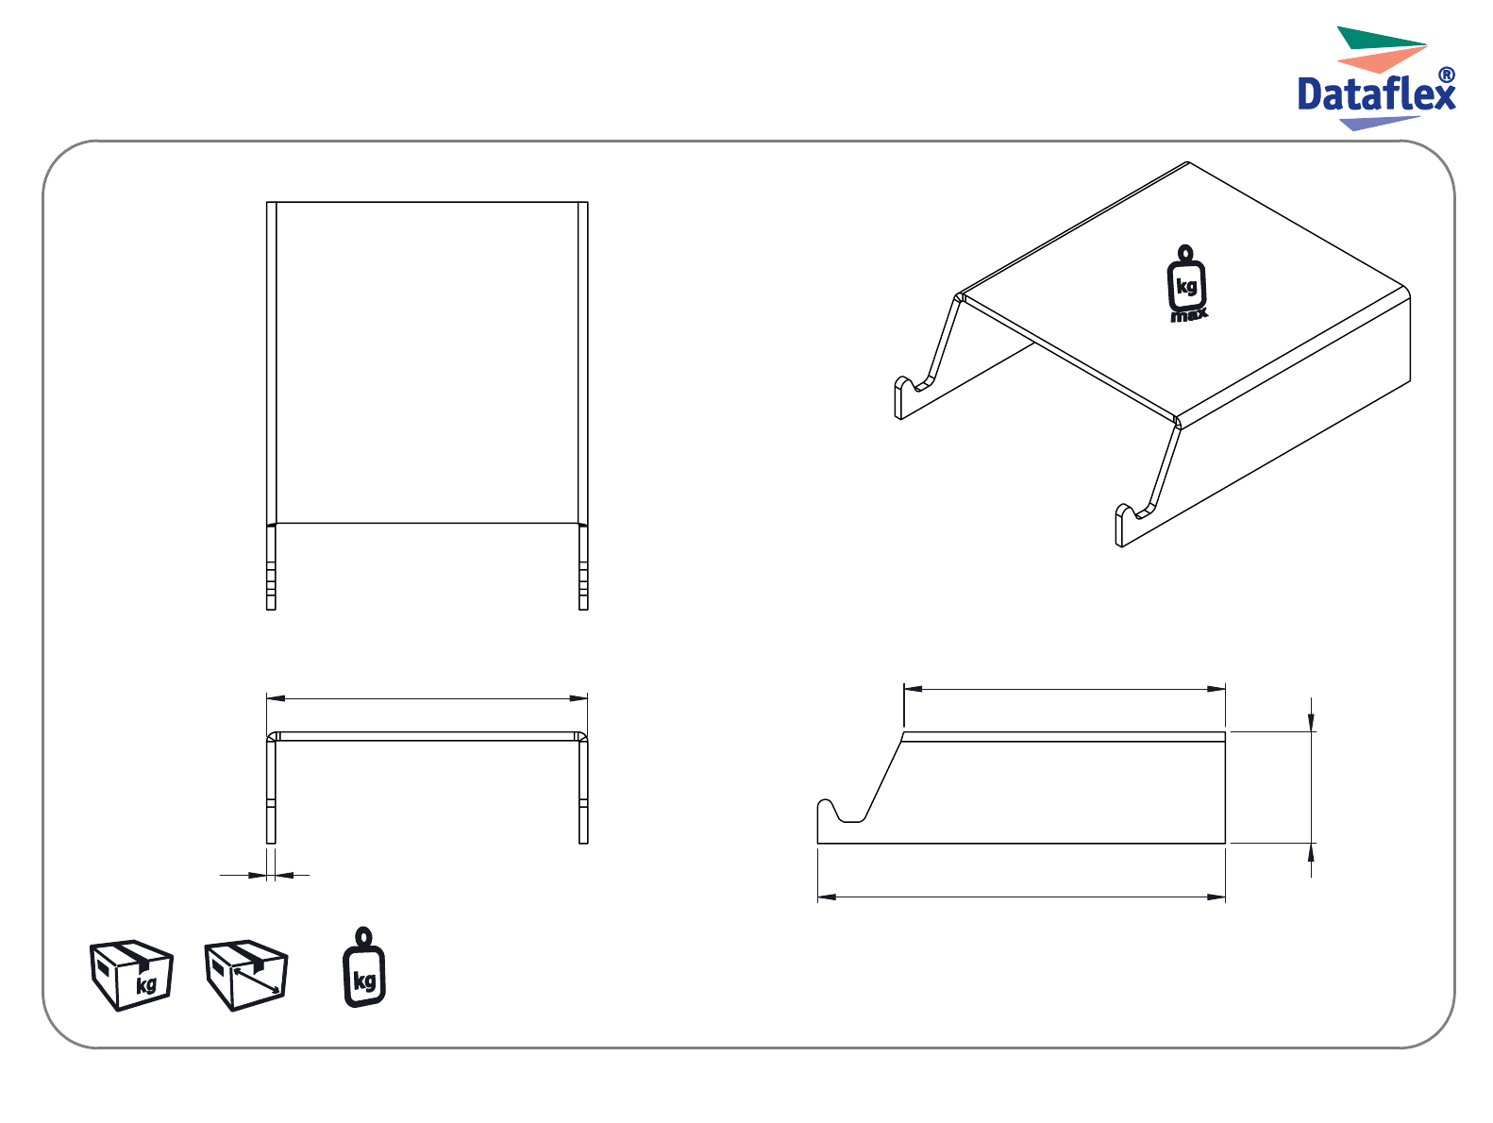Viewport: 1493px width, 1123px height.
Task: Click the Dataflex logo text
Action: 1375,93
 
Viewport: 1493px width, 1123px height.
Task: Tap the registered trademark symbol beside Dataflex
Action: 1447,75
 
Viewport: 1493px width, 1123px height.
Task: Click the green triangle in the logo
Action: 1381,38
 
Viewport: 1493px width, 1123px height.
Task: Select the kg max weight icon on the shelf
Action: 1187,283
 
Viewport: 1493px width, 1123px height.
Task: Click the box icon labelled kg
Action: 131,975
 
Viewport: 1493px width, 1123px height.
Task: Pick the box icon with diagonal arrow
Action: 245,975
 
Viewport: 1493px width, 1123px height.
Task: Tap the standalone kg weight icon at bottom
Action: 364,966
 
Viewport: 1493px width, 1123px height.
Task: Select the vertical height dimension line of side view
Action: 1311,787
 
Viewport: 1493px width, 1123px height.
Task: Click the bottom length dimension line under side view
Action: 1021,897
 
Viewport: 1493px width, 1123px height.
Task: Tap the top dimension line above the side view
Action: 1065,689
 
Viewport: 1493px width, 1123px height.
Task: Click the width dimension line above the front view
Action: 427,698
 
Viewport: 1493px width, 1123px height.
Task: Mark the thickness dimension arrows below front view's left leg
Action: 264,875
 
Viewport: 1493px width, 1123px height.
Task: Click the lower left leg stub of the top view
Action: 271,566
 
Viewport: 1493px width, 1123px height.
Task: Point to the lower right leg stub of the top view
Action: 583,566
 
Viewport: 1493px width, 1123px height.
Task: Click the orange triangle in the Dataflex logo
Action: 1381,59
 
